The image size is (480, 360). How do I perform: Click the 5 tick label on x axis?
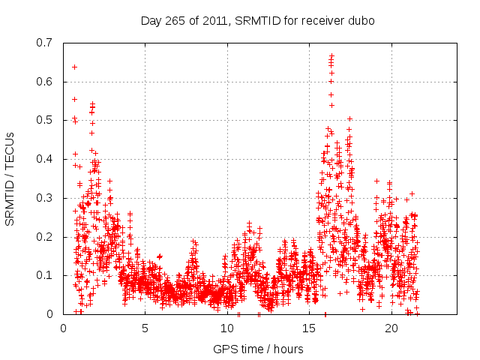[145, 328]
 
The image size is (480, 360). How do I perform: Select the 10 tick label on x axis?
[227, 328]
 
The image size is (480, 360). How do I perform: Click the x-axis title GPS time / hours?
[258, 349]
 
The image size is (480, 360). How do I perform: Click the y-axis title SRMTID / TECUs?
[10, 178]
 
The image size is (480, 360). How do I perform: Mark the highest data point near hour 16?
[331, 55]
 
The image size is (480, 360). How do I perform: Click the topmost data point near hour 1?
[74, 67]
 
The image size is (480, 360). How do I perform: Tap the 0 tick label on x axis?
[64, 328]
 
